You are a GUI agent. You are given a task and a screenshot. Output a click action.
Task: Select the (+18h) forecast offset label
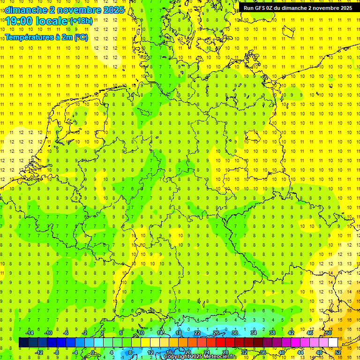point(81,21)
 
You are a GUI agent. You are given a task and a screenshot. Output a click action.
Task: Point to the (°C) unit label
point(81,37)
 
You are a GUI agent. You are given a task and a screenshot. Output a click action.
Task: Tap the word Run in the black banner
point(249,8)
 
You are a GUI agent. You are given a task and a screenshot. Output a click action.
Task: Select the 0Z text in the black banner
point(273,8)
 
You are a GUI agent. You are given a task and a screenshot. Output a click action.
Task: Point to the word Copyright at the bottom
point(178,357)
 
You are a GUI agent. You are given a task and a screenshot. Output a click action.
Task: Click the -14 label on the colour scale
point(29,333)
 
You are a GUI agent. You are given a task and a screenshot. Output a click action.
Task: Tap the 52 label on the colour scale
point(338,352)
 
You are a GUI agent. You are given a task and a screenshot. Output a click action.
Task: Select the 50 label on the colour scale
point(329,333)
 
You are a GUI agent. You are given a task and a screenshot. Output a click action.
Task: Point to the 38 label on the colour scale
point(272,333)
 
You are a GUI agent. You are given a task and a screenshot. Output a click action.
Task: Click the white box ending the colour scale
point(333,342)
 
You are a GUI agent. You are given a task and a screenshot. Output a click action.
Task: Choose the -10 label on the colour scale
point(48,333)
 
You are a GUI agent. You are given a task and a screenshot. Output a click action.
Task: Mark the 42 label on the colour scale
point(291,333)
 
